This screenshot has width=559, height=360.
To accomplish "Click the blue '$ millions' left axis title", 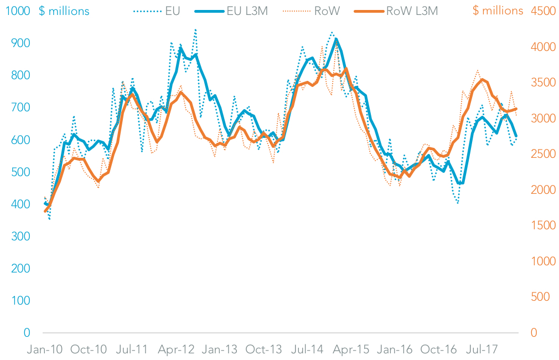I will click(x=64, y=11).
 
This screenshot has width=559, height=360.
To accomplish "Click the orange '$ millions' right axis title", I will click(x=498, y=11).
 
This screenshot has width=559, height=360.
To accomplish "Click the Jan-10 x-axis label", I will click(x=45, y=350).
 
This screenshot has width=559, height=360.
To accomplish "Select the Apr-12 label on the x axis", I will click(x=177, y=350).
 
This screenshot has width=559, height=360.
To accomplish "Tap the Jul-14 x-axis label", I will click(x=307, y=350).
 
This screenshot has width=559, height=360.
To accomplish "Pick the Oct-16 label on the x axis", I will click(x=438, y=350).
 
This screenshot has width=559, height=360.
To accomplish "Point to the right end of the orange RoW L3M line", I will click(x=516, y=109).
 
